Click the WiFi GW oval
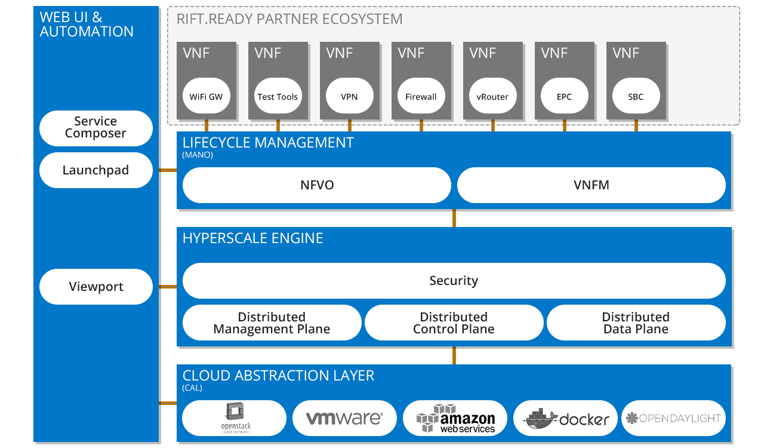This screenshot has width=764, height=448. pos(206,96)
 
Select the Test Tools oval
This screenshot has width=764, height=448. pos(278,96)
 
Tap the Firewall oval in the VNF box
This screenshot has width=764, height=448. pos(421,96)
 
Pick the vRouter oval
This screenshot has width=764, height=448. pos(492,96)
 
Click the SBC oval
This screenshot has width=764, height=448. pos(636,96)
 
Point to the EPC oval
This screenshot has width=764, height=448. pos(564,96)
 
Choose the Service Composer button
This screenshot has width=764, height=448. pos(96,128)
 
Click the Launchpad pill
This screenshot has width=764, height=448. pos(96,170)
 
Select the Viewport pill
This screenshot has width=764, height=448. pos(96,287)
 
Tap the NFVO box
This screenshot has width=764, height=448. pos(316,185)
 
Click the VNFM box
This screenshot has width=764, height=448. pos(591,185)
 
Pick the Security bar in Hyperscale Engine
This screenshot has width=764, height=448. pos(454,281)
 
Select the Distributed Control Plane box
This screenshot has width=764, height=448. pos(454,323)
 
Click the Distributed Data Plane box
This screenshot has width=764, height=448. pos(636,323)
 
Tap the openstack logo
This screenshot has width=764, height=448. pos(235,418)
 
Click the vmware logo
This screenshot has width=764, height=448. pos(344,418)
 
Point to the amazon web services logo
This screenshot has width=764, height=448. pos(455,418)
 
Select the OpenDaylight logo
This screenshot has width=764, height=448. pos(673,418)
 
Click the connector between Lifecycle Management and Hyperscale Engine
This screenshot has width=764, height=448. pos(454,218)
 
